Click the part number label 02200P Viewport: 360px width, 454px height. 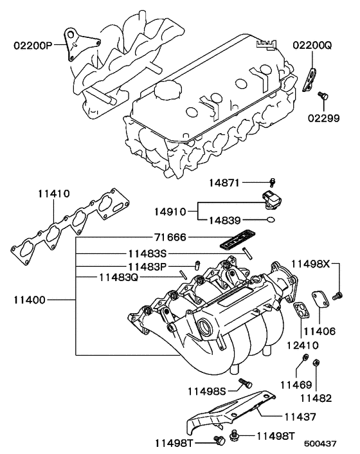click(34, 46)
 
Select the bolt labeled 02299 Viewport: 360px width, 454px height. click(325, 96)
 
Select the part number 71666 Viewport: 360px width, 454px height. click(170, 237)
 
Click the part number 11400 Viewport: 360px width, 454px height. click(30, 300)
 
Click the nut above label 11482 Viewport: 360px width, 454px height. click(316, 365)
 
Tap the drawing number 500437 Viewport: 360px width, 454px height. click(321, 443)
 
